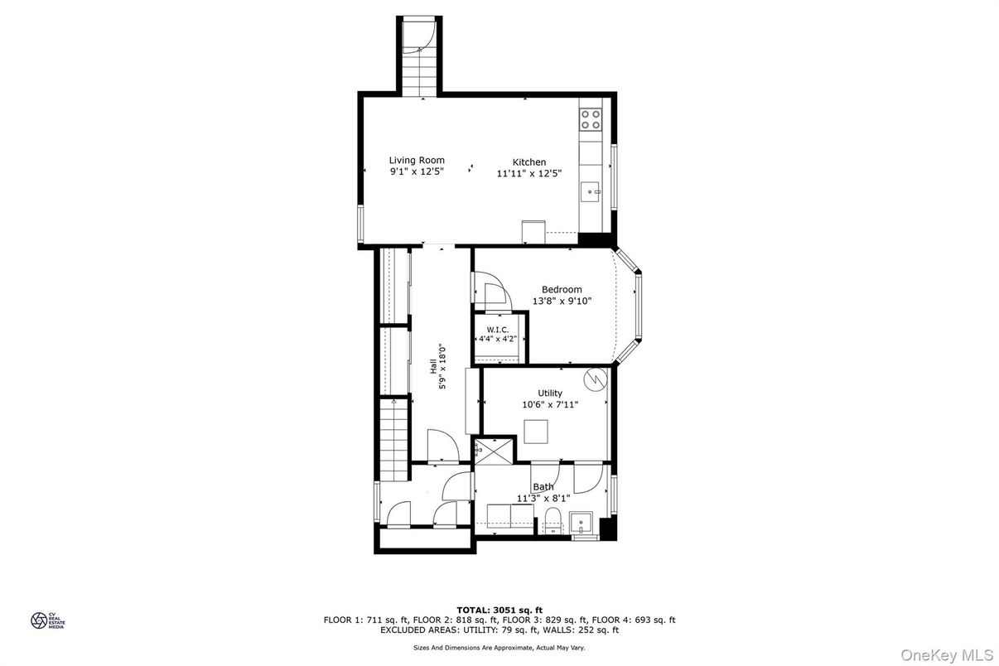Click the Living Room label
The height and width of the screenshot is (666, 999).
417,160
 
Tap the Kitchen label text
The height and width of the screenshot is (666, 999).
528,162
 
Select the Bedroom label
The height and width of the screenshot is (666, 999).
562,289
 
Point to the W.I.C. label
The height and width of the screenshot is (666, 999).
497,330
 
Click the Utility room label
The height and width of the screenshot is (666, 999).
550,393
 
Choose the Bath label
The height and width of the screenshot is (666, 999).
543,487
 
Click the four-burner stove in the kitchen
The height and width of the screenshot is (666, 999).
591,119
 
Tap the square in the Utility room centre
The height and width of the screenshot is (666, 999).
537,432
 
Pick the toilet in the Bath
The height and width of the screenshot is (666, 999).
553,521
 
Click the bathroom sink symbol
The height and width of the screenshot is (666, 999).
582,523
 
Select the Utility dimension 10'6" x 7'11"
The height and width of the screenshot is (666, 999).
550,405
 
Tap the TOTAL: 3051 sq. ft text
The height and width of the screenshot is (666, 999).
499,610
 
